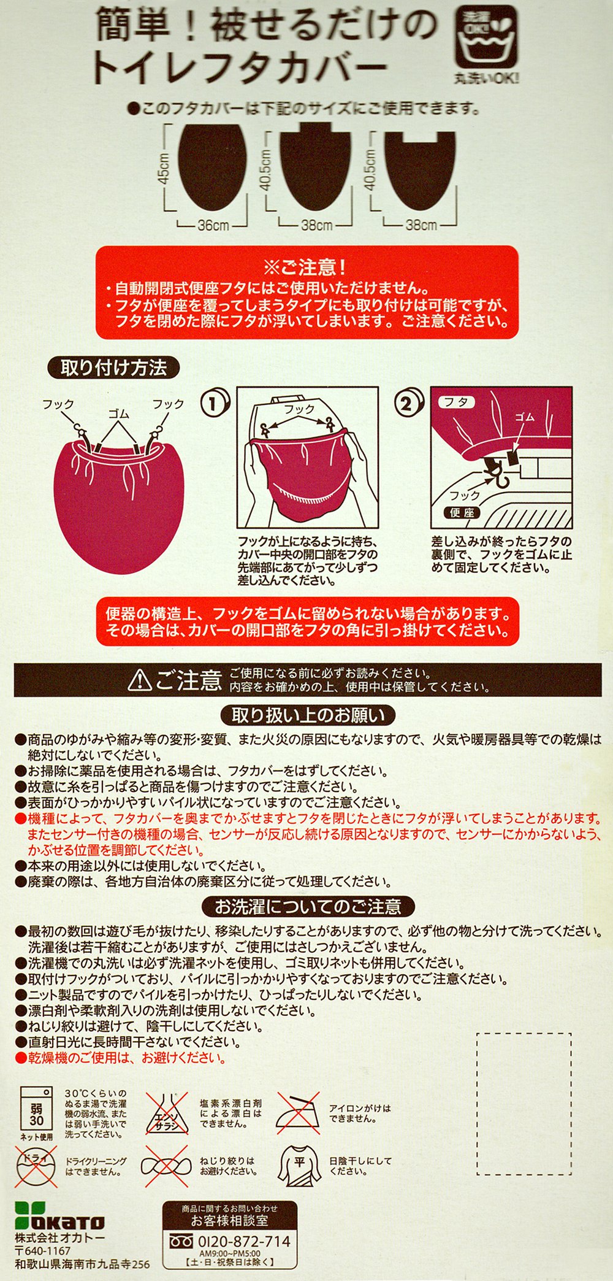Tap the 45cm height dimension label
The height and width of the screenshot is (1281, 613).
[164, 166]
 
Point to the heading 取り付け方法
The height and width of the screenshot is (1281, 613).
[113, 367]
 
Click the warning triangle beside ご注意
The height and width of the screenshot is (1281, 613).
[140, 679]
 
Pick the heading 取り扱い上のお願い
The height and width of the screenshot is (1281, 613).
[308, 715]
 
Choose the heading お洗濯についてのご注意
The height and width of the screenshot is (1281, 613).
[308, 906]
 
